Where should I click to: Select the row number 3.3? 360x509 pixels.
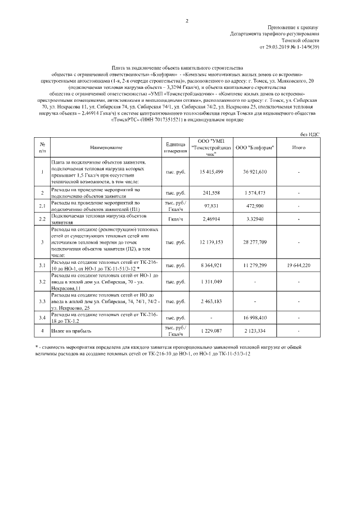42,301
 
